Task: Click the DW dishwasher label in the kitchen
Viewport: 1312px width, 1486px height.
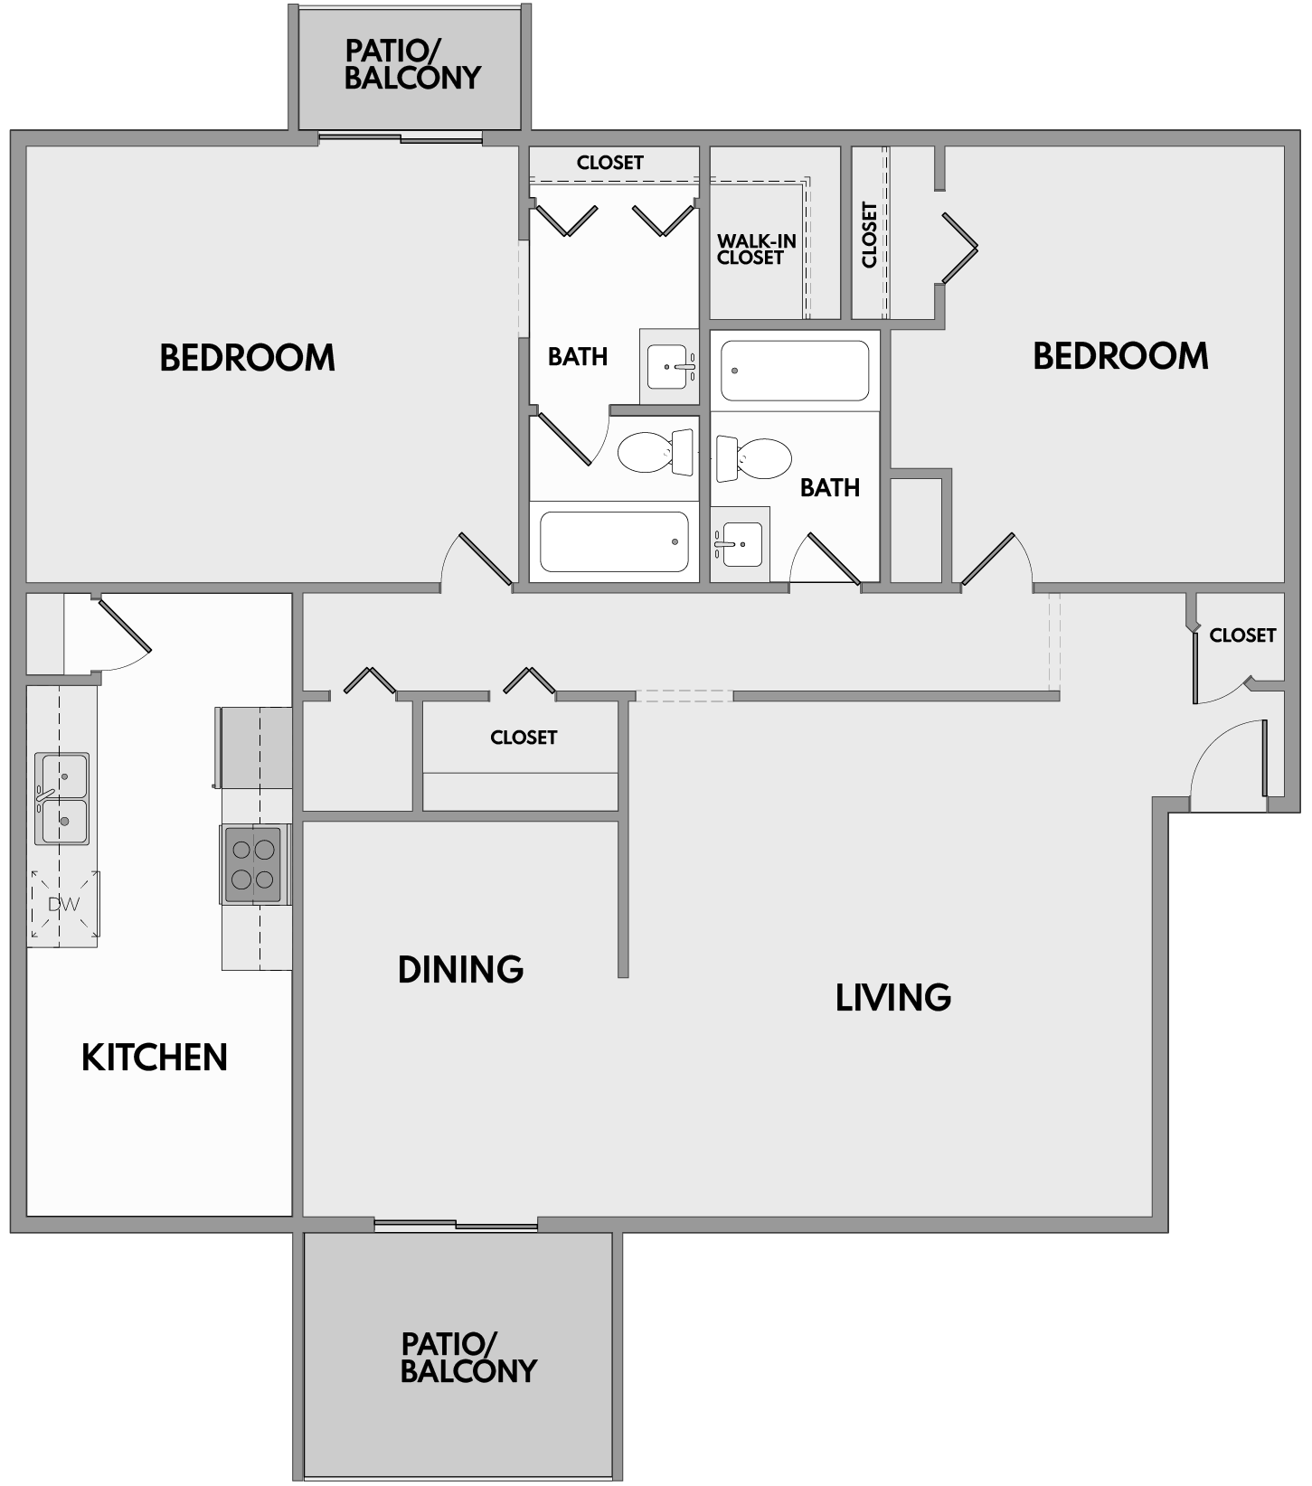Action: (x=64, y=904)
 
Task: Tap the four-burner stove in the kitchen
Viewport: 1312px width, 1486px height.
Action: (x=253, y=864)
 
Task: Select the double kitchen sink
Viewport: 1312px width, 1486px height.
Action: (x=62, y=799)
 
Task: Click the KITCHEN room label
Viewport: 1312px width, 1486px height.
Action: (x=155, y=1058)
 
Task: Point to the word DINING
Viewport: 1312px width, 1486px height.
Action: (x=460, y=970)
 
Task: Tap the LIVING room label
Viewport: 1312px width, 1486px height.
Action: (x=892, y=998)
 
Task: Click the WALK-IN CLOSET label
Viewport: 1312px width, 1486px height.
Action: (x=756, y=249)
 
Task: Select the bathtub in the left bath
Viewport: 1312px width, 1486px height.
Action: (x=614, y=541)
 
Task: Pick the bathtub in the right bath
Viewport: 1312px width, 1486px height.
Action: (x=795, y=370)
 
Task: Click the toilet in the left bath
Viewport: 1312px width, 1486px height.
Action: (x=654, y=451)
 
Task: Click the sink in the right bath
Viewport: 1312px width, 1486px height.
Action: (x=741, y=544)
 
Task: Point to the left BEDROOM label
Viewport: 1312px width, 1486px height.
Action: (x=247, y=358)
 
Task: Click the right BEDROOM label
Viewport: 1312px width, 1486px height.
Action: (x=1120, y=356)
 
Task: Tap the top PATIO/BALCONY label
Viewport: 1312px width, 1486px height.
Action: (x=412, y=64)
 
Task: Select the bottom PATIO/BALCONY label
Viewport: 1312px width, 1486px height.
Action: (x=468, y=1359)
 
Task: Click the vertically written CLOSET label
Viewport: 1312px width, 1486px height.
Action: (x=870, y=234)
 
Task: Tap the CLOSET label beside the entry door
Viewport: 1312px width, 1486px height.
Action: (x=1242, y=635)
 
